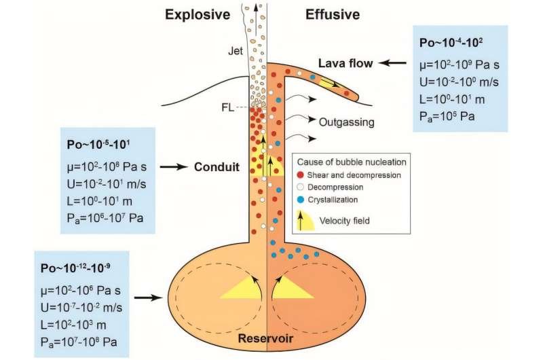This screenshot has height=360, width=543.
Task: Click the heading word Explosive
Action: (x=198, y=15)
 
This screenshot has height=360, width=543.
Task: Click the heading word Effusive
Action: (x=333, y=14)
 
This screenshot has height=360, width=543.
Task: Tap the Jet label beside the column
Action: (x=236, y=51)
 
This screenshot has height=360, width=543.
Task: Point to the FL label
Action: (x=227, y=107)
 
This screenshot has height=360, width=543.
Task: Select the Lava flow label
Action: (x=345, y=63)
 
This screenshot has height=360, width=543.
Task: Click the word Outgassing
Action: (x=347, y=122)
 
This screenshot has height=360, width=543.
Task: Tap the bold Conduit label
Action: (x=217, y=167)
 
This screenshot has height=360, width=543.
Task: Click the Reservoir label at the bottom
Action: (x=265, y=338)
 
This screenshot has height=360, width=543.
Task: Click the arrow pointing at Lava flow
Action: (x=392, y=63)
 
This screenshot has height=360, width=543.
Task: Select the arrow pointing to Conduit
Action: (x=174, y=167)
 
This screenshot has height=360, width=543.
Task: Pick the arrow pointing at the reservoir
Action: (x=149, y=298)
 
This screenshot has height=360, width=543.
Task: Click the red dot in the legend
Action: (x=301, y=175)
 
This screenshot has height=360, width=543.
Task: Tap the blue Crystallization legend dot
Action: (x=301, y=200)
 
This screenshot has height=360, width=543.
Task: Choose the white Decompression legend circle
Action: (x=301, y=187)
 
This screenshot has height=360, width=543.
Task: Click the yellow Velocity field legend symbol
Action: (x=305, y=220)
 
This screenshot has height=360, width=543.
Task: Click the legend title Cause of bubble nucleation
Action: (x=352, y=162)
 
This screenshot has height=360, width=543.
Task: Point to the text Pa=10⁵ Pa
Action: (x=447, y=116)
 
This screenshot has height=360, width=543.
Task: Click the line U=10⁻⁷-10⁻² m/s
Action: (x=81, y=307)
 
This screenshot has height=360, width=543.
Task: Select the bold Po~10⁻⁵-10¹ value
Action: (x=98, y=144)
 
